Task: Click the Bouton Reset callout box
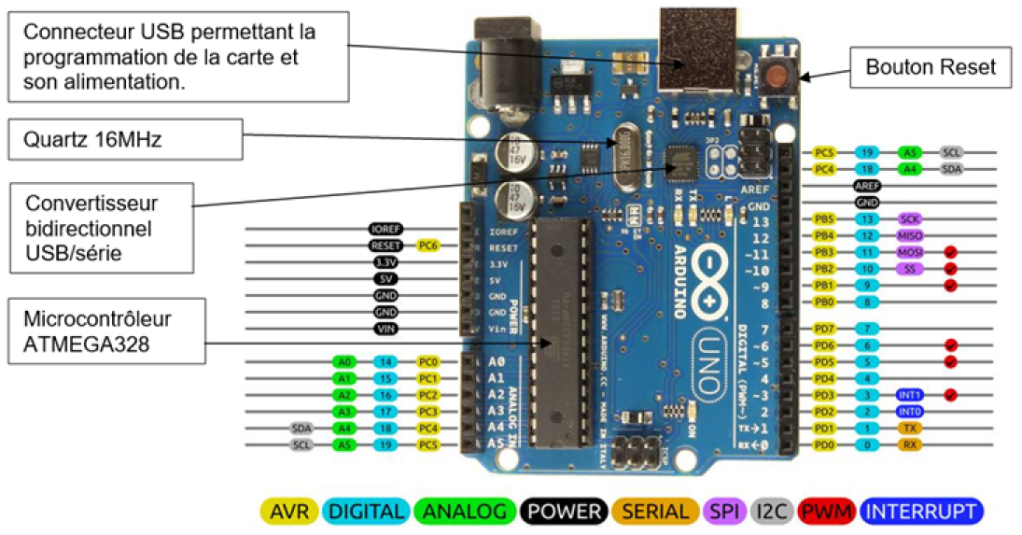[931, 67]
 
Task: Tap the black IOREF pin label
[385, 229]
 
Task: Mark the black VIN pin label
[386, 329]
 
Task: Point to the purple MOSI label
[909, 252]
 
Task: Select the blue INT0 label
[909, 411]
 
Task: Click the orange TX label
[909, 428]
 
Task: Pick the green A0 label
[345, 361]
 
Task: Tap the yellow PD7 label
[824, 329]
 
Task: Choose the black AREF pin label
[867, 186]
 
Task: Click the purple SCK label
[909, 218]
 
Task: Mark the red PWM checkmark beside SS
[951, 269]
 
